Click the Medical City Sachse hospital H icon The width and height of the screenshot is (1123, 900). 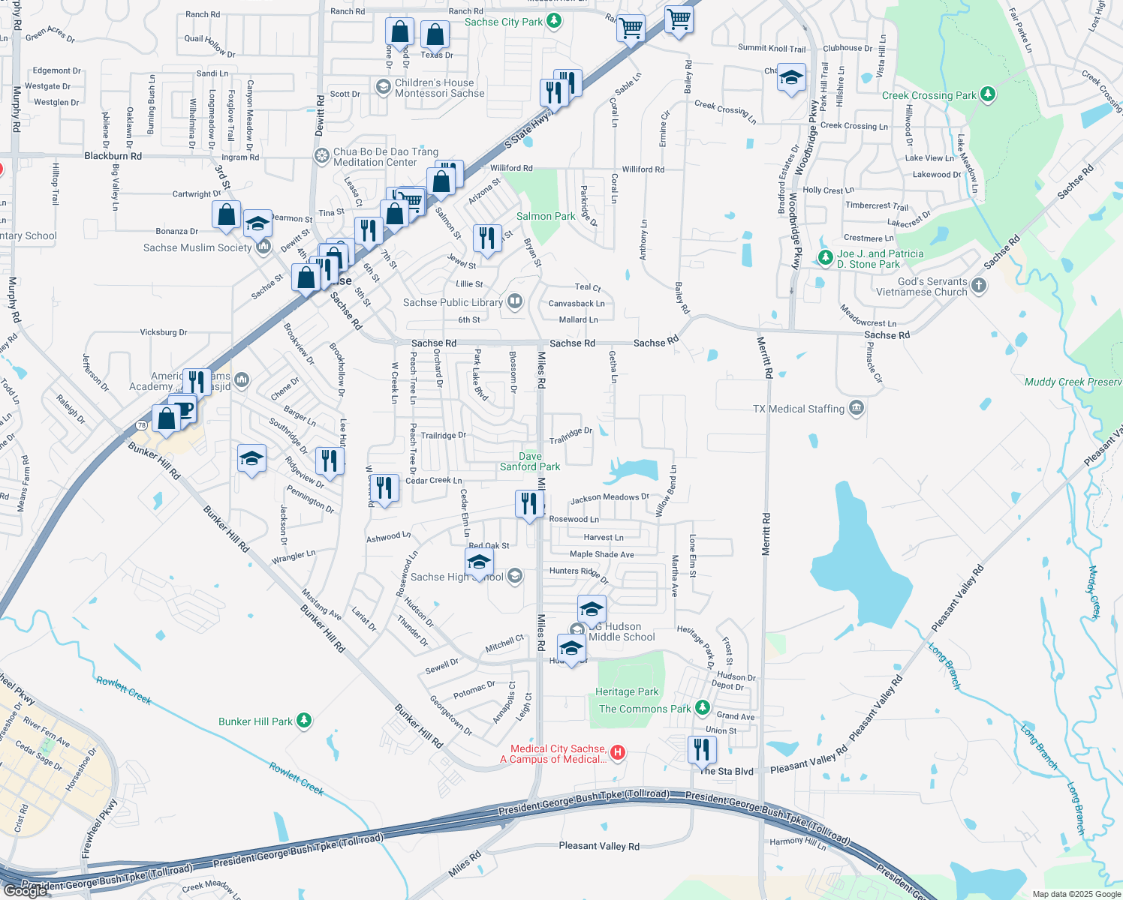coord(617,752)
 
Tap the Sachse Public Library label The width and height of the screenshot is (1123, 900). coord(453,302)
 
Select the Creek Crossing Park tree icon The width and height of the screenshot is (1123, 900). coord(988,94)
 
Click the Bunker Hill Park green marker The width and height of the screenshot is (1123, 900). coord(303,721)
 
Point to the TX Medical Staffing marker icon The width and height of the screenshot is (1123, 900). coord(857,408)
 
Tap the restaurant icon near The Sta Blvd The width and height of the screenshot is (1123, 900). coord(701,749)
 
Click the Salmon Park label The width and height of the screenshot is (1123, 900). coord(546,216)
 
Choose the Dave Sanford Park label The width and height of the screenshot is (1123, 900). coord(530,461)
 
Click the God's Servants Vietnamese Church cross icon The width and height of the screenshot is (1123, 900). coord(978,285)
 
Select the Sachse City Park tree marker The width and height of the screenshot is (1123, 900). coord(554,21)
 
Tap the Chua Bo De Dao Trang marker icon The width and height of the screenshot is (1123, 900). coord(321,156)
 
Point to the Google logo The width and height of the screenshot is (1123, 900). coord(26,890)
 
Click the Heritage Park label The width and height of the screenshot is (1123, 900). coord(626,691)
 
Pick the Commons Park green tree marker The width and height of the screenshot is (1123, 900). coord(702,707)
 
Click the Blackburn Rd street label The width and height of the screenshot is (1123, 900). coord(113,156)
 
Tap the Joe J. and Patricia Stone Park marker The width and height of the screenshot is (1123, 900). coord(825,258)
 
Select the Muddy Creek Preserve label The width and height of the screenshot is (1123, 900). coord(1073,382)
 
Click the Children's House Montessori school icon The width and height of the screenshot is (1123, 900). coord(383,88)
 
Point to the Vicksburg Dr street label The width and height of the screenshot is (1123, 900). coord(164,331)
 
